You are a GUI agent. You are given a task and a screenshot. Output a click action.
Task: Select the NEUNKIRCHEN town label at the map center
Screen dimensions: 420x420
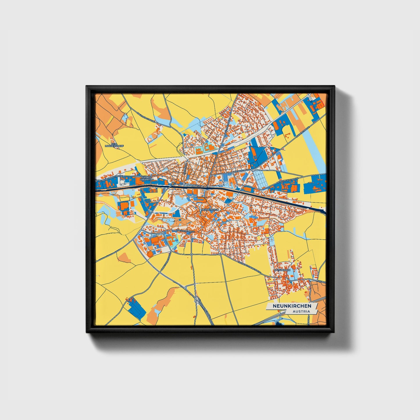coord(209,209)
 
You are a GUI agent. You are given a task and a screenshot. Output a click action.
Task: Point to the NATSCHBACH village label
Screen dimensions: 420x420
coord(282,270)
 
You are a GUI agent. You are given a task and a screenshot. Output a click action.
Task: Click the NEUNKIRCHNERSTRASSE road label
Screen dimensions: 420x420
coord(111,178)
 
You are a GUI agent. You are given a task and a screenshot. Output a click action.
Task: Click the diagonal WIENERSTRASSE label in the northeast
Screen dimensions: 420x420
coord(302,133)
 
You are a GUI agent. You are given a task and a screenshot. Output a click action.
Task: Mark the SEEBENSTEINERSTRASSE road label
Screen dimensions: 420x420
coord(249,267)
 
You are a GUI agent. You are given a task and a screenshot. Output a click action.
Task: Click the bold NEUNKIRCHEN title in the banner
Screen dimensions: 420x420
coord(292,306)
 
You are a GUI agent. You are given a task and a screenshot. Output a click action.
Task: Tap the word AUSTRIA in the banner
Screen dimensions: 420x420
coord(301,311)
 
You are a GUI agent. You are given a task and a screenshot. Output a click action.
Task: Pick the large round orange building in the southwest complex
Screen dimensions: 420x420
coord(150,253)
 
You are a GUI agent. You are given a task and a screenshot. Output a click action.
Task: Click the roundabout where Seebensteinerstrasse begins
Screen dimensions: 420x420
coord(221,254)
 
